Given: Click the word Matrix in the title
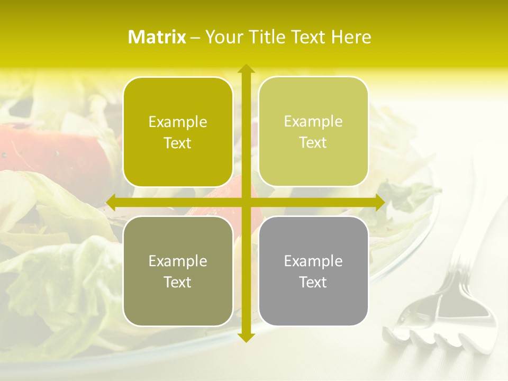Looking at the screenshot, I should point(157,37).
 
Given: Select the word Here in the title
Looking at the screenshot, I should point(351,37).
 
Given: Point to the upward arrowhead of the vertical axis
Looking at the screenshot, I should point(246,68).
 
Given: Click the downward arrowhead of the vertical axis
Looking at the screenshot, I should point(246,338).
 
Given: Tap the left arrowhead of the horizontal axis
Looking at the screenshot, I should point(111,203).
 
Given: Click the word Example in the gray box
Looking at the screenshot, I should point(313,261).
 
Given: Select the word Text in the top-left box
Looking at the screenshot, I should point(178,143).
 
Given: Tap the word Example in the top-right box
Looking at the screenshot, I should point(313,122).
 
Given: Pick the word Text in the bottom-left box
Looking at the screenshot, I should point(178,282).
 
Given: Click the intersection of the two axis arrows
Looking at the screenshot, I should point(246,203).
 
